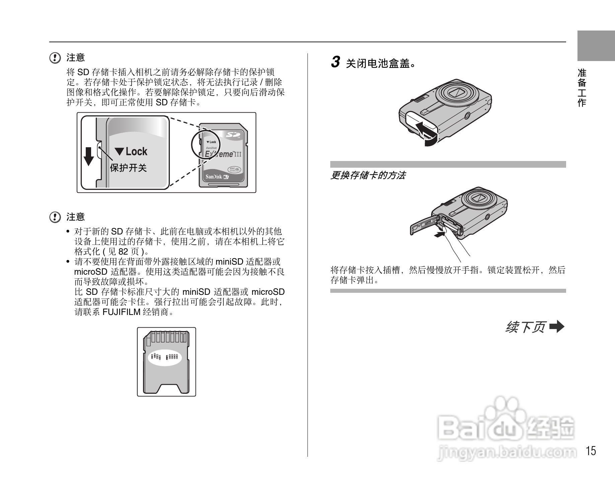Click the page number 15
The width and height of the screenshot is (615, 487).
(591, 451)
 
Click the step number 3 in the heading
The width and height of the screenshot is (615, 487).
(335, 62)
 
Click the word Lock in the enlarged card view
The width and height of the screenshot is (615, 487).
(136, 152)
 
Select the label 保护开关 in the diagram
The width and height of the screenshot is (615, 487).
(128, 168)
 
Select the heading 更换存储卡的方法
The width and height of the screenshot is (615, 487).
(368, 175)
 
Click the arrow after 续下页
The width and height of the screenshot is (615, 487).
(557, 327)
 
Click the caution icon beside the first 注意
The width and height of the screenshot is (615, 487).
(55, 58)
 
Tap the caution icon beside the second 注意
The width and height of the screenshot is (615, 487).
(55, 217)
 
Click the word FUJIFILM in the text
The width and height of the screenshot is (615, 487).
(121, 312)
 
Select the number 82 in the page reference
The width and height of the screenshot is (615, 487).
(123, 252)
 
